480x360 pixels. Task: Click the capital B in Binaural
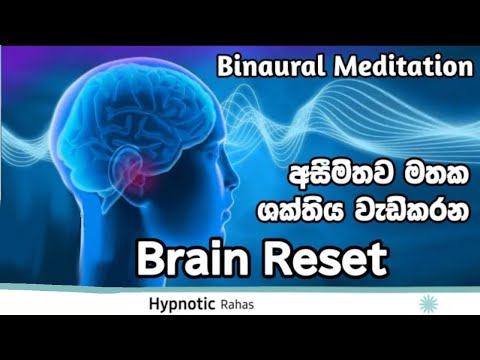tap(225, 69)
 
